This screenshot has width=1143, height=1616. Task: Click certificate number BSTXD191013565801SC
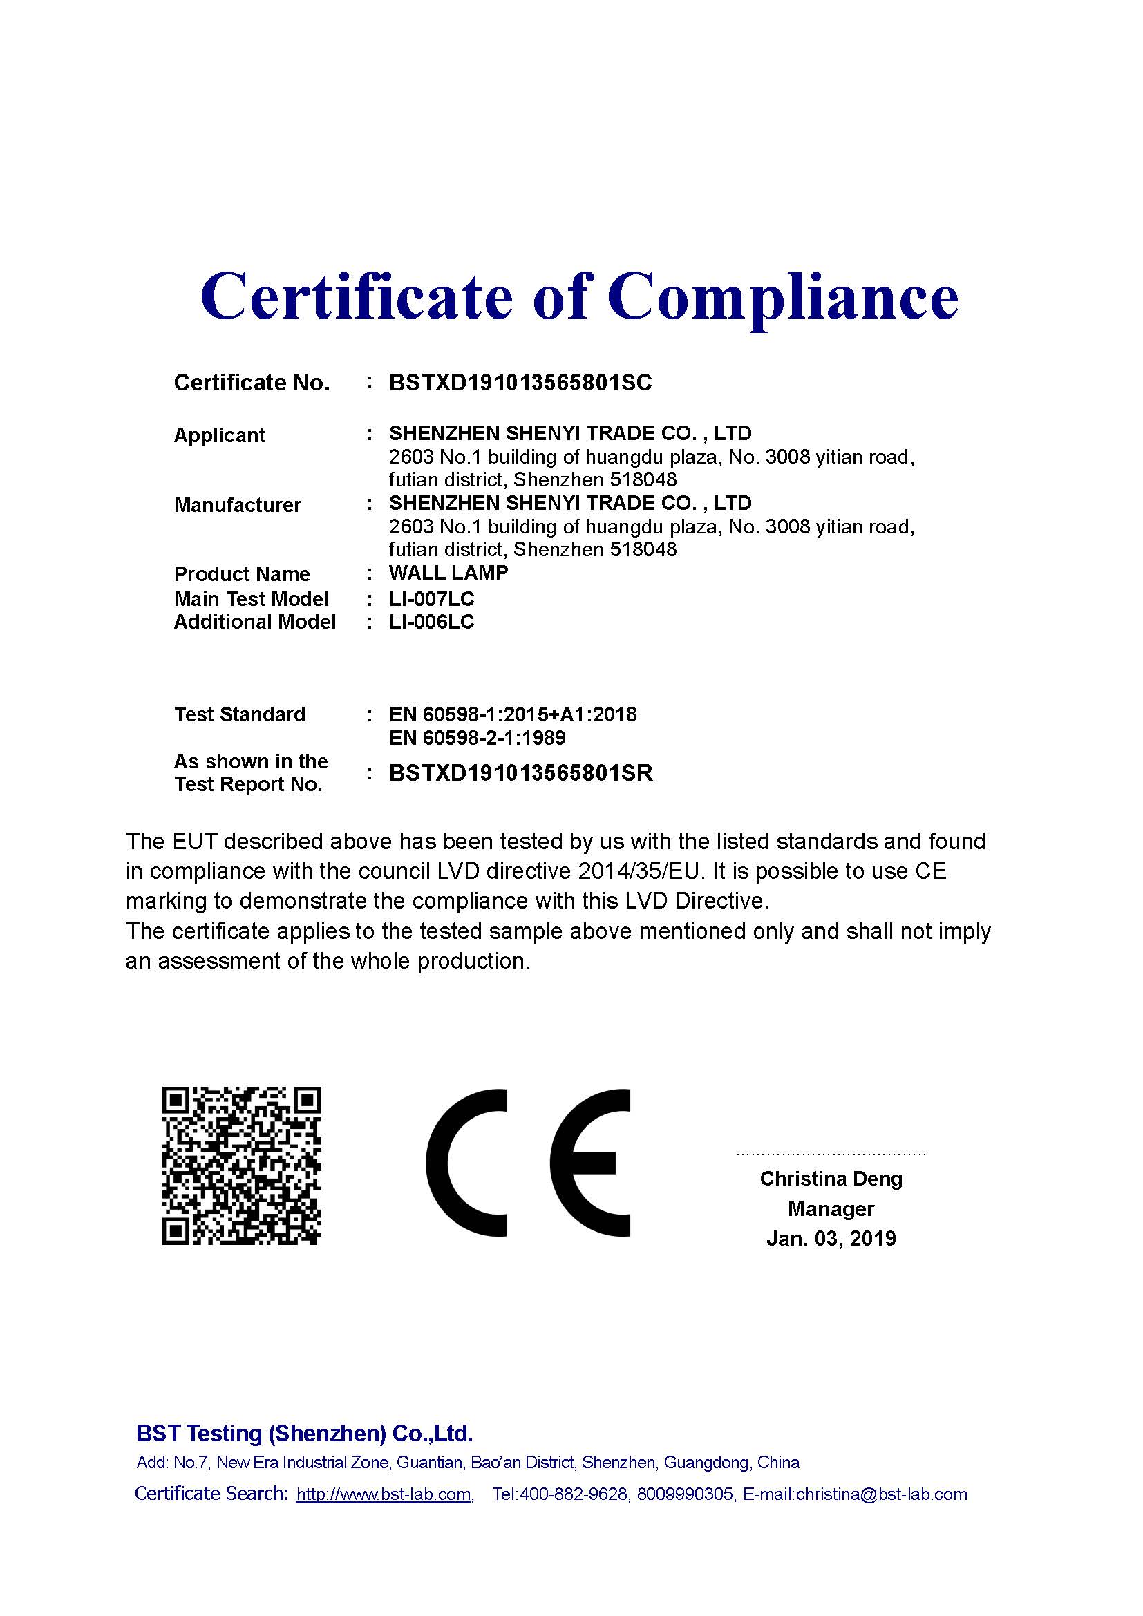(520, 382)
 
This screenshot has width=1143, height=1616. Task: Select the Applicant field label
(219, 435)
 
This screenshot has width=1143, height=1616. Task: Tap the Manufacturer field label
(237, 504)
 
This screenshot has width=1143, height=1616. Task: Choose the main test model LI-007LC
(431, 599)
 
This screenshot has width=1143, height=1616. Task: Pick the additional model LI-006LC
(431, 622)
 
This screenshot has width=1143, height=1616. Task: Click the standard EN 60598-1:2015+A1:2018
(512, 714)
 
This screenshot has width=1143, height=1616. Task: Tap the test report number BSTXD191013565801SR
(521, 773)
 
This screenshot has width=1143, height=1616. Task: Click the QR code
(241, 1166)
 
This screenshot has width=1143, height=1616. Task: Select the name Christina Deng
(831, 1178)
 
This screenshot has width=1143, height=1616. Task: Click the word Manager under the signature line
(831, 1208)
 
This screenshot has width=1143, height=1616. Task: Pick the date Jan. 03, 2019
(831, 1238)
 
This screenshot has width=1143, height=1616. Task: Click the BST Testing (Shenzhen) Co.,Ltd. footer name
(304, 1433)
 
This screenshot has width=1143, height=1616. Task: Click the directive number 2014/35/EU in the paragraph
(640, 871)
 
